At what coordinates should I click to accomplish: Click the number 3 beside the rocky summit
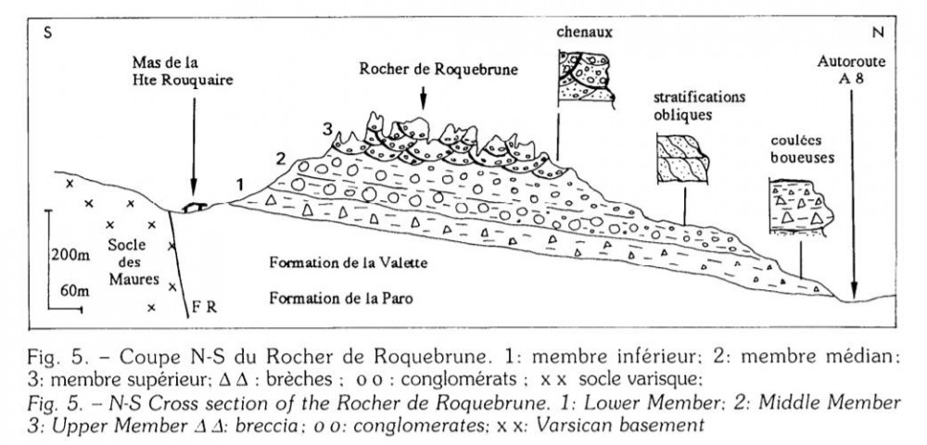coord(325,127)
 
